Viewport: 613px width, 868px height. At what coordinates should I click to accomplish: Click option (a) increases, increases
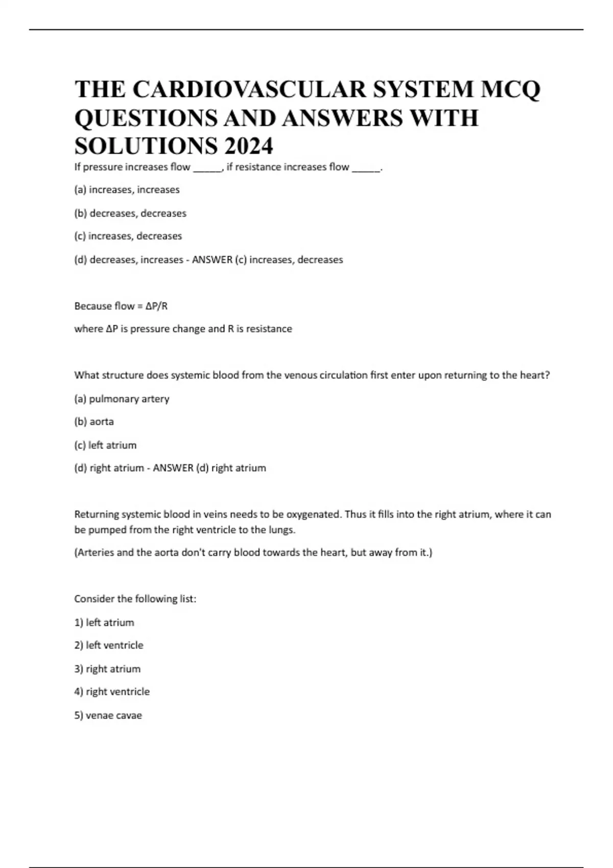pyautogui.click(x=127, y=190)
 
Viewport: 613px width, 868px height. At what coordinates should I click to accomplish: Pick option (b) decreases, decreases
pyautogui.click(x=130, y=213)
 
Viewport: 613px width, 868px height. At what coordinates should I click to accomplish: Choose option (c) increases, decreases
pyautogui.click(x=128, y=236)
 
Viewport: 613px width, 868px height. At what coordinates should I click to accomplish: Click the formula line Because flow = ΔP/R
pyautogui.click(x=121, y=306)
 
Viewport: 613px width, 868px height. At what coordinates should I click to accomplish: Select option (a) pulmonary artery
pyautogui.click(x=122, y=399)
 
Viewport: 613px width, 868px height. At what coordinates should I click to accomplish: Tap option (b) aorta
pyautogui.click(x=94, y=422)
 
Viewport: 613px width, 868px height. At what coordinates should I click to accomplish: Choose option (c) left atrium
pyautogui.click(x=105, y=445)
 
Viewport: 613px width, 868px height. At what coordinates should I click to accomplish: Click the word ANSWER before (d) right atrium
pyautogui.click(x=173, y=468)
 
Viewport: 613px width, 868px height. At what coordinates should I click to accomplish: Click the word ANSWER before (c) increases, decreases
pyautogui.click(x=212, y=260)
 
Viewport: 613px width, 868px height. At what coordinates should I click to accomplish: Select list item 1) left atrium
pyautogui.click(x=104, y=622)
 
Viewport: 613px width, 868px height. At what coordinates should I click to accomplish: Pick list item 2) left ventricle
pyautogui.click(x=109, y=645)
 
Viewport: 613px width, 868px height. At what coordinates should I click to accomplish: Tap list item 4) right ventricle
pyautogui.click(x=112, y=692)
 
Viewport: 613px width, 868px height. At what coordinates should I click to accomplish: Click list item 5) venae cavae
pyautogui.click(x=108, y=715)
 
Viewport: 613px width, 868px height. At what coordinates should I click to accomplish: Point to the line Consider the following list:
pyautogui.click(x=135, y=599)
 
